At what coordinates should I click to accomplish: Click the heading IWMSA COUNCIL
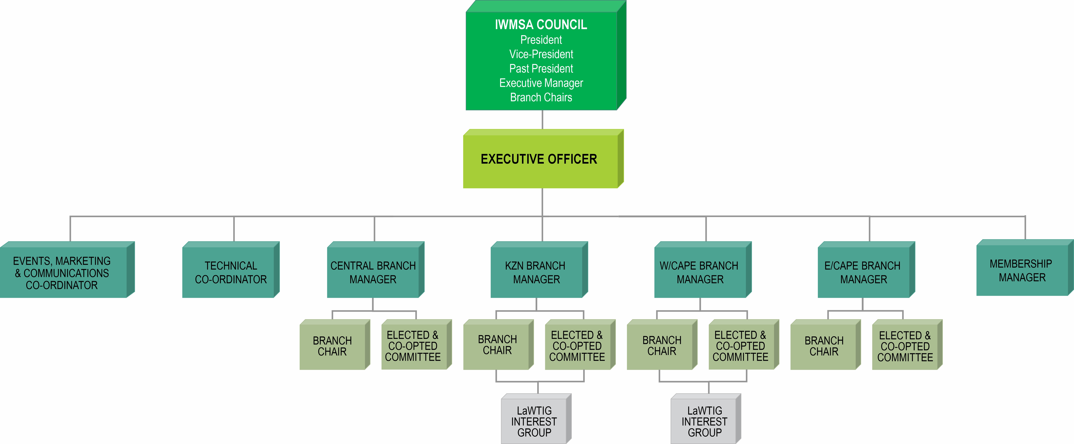pyautogui.click(x=541, y=25)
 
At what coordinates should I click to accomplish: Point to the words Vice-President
pyautogui.click(x=541, y=54)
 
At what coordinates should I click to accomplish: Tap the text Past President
pyautogui.click(x=541, y=68)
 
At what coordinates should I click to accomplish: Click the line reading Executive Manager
pyautogui.click(x=541, y=83)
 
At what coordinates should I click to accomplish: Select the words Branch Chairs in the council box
pyautogui.click(x=541, y=97)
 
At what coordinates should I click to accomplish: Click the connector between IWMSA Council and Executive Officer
pyautogui.click(x=542, y=120)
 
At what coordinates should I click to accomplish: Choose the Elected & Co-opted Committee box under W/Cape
pyautogui.click(x=740, y=346)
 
